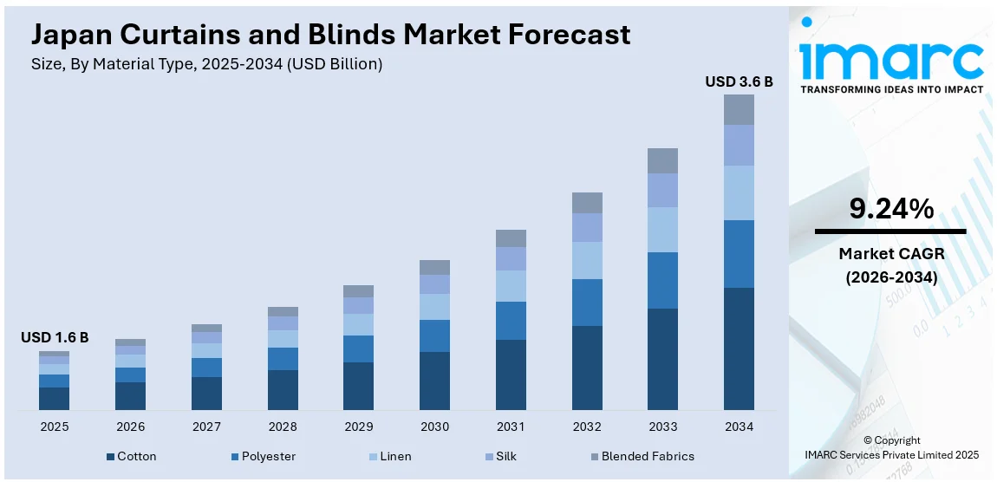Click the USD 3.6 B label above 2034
click(x=739, y=82)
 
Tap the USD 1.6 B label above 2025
click(x=55, y=337)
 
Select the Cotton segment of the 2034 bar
click(x=739, y=348)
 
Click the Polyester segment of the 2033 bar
click(x=662, y=280)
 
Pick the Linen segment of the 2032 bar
click(x=587, y=260)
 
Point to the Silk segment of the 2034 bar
click(x=739, y=145)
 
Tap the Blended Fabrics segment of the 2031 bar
click(x=511, y=238)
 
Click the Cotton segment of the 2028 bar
click(x=283, y=390)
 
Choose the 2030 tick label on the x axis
click(x=434, y=427)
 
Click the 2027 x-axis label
click(x=206, y=427)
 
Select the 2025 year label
click(x=54, y=427)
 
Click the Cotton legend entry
click(x=131, y=456)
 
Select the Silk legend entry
click(x=504, y=456)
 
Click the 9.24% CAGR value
click(x=890, y=209)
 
